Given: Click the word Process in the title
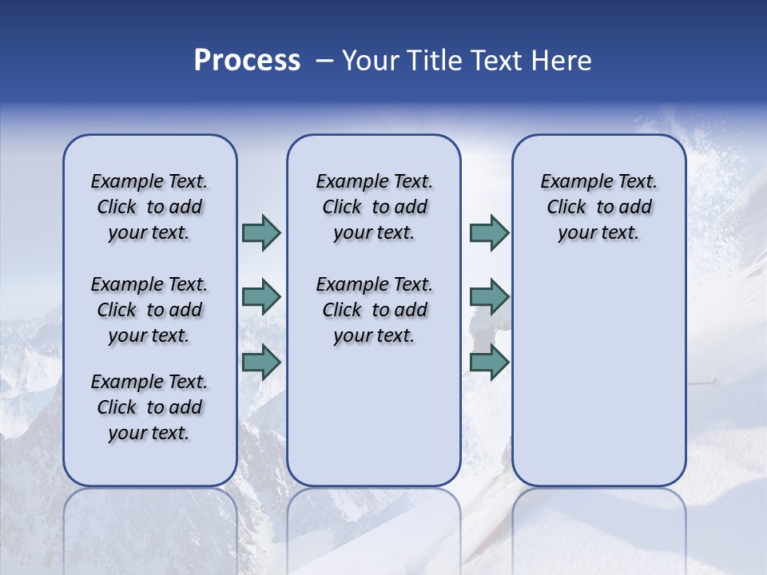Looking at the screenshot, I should click(x=247, y=60).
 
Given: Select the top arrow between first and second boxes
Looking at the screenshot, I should click(x=261, y=232).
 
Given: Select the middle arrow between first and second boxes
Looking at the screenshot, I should click(x=261, y=297).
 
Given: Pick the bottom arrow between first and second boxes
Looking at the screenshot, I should click(x=261, y=363).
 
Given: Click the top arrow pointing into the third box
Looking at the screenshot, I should click(x=489, y=232).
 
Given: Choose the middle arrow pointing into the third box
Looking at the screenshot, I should click(x=489, y=297).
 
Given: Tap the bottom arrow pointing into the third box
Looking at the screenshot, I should click(x=489, y=363).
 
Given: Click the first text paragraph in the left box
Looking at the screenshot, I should click(x=149, y=207).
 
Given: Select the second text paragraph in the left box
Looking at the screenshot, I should click(x=149, y=310).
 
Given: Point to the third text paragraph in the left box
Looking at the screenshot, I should click(x=149, y=407).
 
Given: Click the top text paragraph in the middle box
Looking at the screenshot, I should click(x=374, y=207).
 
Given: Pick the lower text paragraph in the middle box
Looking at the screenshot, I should click(x=374, y=310).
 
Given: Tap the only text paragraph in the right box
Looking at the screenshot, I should click(x=598, y=207).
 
